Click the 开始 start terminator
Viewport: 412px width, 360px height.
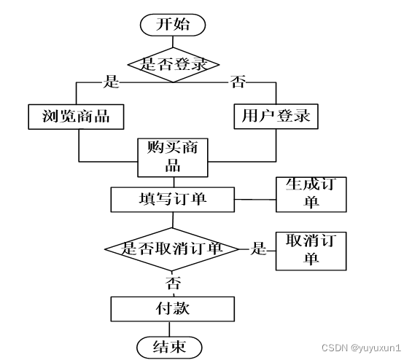point(173,25)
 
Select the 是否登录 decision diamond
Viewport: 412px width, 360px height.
point(173,65)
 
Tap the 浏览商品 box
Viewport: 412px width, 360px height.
point(76,117)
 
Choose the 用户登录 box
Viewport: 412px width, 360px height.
point(276,117)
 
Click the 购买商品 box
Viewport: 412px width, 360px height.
point(173,157)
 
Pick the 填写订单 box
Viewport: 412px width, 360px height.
point(172,200)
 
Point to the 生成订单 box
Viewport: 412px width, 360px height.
point(311,195)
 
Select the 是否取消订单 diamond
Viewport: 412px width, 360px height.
point(172,249)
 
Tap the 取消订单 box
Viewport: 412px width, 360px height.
point(311,251)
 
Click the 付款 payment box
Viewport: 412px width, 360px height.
point(172,309)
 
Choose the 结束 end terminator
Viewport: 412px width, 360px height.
point(169,347)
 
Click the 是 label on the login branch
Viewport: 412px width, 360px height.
point(111,82)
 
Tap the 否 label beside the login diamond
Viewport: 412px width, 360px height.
point(238,82)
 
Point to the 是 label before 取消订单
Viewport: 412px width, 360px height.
point(259,249)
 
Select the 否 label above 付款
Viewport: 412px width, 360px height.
point(173,283)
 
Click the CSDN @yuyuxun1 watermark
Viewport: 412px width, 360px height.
point(361,348)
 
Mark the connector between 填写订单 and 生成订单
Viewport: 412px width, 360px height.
point(255,200)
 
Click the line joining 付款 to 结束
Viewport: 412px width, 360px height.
point(169,329)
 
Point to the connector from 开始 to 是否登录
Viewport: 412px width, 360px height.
point(173,42)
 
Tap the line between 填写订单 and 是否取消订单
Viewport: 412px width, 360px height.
point(173,220)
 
